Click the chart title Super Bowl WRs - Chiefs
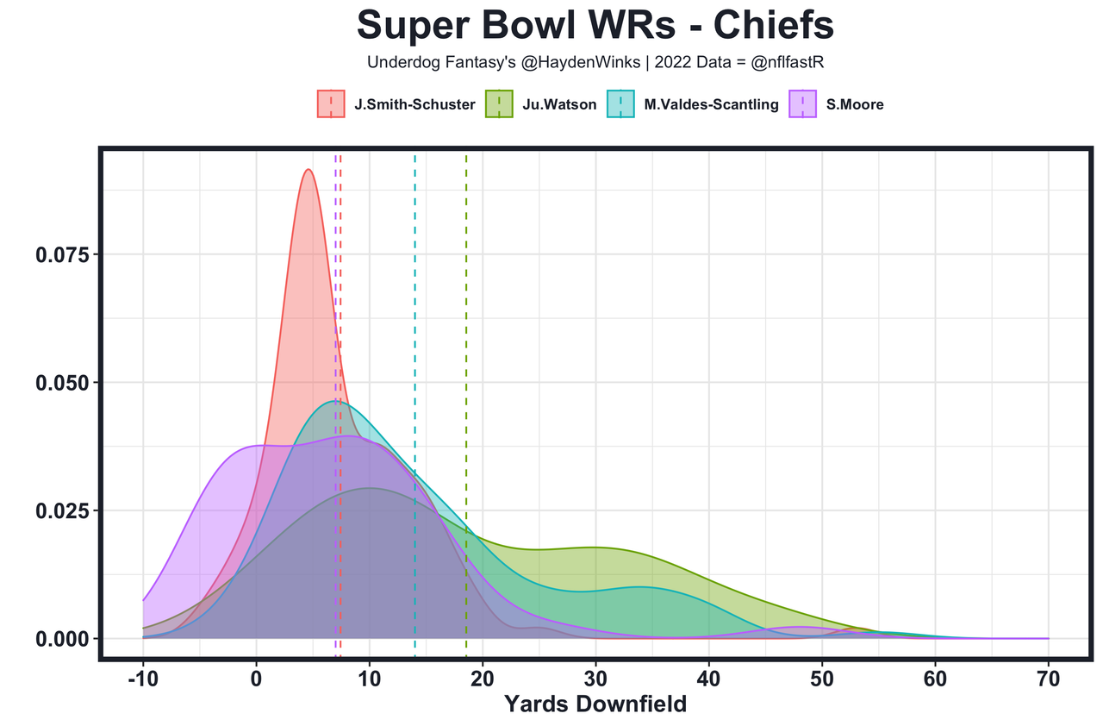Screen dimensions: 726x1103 (595, 26)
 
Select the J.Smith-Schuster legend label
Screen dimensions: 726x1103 (414, 104)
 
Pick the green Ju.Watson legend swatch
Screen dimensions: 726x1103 (500, 104)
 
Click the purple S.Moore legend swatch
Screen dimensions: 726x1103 (803, 104)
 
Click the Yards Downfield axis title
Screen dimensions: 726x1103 (595, 704)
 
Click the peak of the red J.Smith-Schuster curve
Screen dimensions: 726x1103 (308, 169)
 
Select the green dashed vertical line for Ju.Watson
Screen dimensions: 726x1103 (466, 345)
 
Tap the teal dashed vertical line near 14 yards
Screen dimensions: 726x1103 (414, 302)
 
